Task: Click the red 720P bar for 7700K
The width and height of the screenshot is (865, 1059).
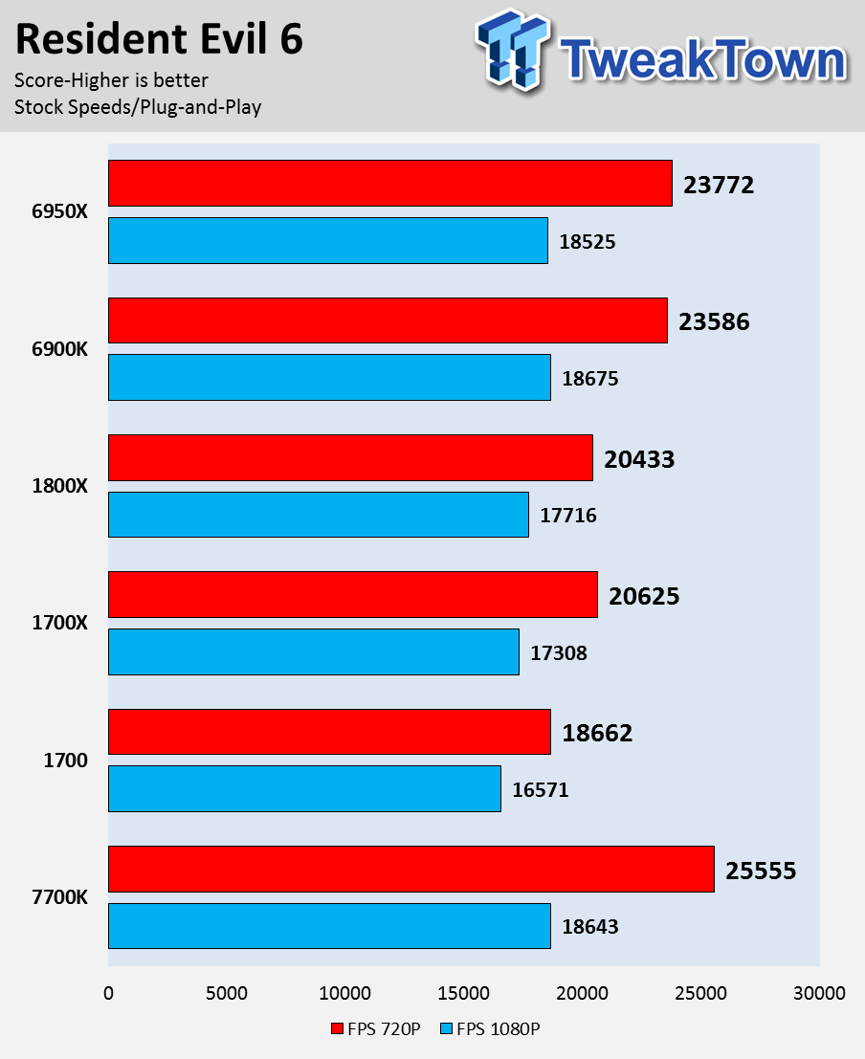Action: [411, 869]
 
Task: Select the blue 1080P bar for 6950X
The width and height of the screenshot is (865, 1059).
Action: [328, 240]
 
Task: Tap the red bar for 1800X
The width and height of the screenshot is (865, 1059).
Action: [350, 457]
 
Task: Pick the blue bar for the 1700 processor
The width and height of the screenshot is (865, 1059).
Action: [304, 789]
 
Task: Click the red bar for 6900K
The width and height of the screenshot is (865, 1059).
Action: [388, 320]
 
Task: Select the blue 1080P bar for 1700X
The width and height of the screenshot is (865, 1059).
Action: [314, 651]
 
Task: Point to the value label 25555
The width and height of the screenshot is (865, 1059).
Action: [761, 871]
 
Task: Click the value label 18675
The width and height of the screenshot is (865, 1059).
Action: [590, 379]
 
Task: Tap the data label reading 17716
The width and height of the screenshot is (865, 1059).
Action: [568, 516]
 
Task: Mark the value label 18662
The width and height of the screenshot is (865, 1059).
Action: [597, 734]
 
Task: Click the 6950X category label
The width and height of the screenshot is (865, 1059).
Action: [59, 212]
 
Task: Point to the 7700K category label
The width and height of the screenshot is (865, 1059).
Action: [59, 897]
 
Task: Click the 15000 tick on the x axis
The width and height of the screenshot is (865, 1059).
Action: [464, 993]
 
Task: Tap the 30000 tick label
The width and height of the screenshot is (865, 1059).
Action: [820, 993]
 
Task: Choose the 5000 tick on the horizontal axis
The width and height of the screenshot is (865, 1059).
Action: [227, 993]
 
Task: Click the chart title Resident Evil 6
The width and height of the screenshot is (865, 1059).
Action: [159, 40]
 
